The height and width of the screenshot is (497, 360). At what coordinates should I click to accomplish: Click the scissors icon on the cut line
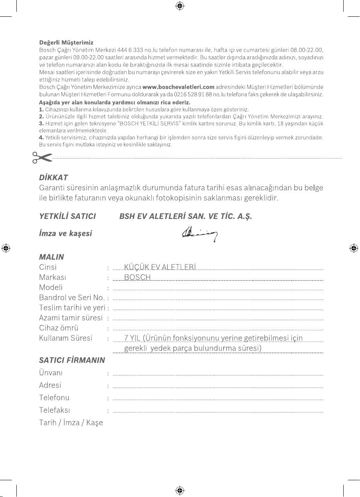[42, 158]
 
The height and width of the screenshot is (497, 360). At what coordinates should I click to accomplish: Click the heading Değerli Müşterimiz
[66, 42]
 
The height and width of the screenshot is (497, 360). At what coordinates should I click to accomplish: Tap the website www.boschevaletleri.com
[178, 86]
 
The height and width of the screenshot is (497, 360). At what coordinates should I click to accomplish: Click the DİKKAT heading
[54, 177]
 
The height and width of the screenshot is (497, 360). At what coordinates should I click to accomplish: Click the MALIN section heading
[51, 257]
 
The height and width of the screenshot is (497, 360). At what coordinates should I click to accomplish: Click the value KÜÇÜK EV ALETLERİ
[160, 267]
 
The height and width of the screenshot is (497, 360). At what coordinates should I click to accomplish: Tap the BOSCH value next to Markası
[137, 278]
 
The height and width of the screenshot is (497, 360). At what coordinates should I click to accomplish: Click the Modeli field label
[51, 288]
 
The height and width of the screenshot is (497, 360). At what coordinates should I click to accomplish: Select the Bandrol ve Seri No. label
[72, 298]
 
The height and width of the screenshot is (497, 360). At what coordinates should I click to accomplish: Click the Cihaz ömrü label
[58, 328]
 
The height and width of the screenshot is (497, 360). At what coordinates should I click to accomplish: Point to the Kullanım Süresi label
[65, 338]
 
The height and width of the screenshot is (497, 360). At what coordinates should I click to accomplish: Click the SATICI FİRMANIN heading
[72, 360]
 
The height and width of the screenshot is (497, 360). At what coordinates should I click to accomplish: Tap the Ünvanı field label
[51, 373]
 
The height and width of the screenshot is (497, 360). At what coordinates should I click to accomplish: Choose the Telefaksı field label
[55, 410]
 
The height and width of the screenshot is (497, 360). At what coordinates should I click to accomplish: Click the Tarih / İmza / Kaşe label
[71, 423]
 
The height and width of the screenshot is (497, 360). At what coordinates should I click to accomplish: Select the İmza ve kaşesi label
[65, 234]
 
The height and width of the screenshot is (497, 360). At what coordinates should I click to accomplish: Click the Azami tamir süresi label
[71, 318]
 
